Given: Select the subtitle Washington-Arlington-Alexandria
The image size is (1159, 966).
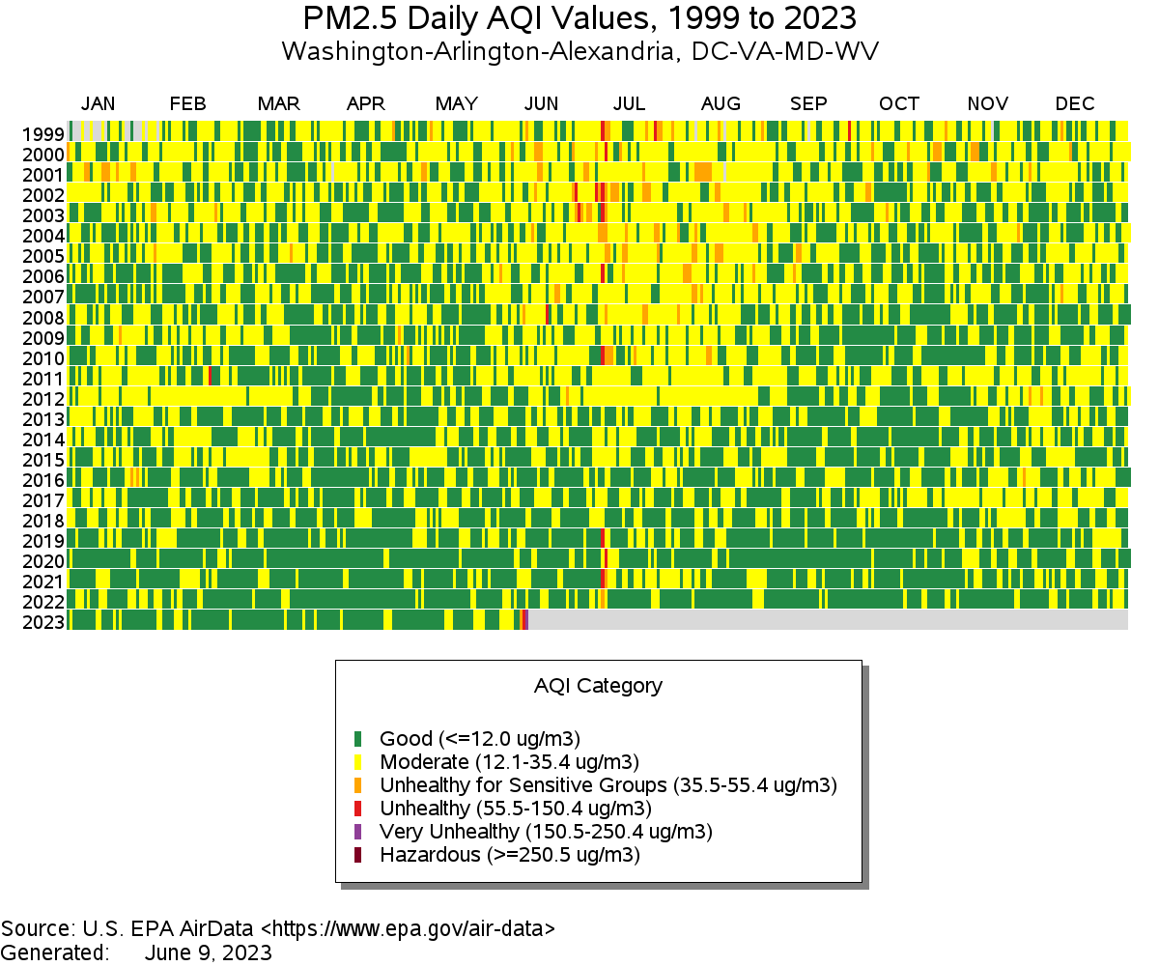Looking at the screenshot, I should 579,51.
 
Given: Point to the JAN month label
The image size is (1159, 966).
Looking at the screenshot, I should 98,104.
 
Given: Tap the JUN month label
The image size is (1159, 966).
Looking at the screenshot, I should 541,104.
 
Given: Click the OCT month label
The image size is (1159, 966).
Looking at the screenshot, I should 899,104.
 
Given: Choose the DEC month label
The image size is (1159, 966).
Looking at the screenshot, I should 1075,104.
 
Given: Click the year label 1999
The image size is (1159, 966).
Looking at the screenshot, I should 44,134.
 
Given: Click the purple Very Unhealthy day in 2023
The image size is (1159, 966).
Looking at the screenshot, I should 525,620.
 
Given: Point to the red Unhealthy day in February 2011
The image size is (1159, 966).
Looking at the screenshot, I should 211,376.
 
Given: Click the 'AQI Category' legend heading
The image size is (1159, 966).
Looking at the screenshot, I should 598,686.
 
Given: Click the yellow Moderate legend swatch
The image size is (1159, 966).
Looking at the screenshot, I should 357,762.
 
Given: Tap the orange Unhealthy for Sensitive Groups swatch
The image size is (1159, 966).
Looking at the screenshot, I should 357,785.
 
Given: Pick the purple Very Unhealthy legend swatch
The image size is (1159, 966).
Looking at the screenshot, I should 357,832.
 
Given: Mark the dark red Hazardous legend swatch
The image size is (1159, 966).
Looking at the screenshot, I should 357,855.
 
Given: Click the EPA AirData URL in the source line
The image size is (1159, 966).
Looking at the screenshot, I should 408,929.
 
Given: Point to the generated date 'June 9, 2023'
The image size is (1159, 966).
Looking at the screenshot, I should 208,952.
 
